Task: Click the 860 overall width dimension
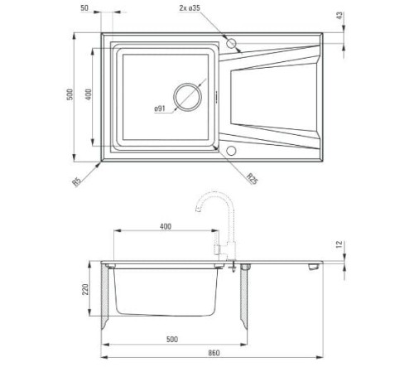214,353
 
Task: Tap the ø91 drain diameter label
160,109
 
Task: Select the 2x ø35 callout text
190,8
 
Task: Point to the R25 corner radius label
253,178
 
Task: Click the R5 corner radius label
76,182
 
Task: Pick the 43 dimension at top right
339,15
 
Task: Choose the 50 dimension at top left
84,8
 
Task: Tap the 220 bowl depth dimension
85,289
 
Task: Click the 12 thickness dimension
339,244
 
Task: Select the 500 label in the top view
70,94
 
